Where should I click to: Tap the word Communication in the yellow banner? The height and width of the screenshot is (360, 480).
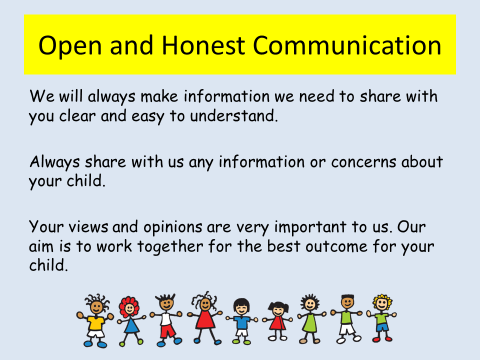click(347, 45)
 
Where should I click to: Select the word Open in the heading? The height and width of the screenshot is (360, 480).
click(70, 46)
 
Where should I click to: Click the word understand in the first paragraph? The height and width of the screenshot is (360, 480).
click(234, 115)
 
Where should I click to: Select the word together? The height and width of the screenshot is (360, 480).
click(170, 246)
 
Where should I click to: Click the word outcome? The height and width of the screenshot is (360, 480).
click(336, 246)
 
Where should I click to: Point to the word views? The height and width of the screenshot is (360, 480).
click(88, 227)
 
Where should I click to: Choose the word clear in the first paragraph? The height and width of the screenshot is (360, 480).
click(77, 115)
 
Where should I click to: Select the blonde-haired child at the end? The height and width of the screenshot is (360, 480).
click(381, 318)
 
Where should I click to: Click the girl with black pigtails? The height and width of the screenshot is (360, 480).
click(277, 321)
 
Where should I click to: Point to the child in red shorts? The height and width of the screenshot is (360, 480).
click(166, 320)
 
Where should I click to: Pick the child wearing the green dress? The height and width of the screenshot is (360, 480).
click(310, 319)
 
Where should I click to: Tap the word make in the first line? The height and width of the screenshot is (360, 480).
click(159, 96)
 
